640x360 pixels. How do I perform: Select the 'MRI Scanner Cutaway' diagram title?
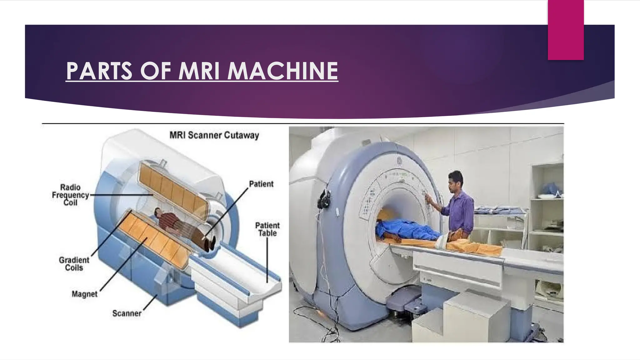coord(214,135)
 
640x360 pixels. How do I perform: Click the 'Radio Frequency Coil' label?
coord(70,195)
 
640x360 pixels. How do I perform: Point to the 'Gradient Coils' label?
coord(74,264)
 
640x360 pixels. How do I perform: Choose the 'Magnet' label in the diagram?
coord(84,294)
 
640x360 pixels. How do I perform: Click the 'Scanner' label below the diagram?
coord(127,313)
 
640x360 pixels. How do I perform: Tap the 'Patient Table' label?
coord(267,229)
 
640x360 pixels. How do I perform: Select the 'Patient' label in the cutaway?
coord(261,184)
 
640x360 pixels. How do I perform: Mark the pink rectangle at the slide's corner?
coord(566,30)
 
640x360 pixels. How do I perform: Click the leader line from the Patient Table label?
coord(267,259)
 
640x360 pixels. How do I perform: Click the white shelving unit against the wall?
coord(547,200)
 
